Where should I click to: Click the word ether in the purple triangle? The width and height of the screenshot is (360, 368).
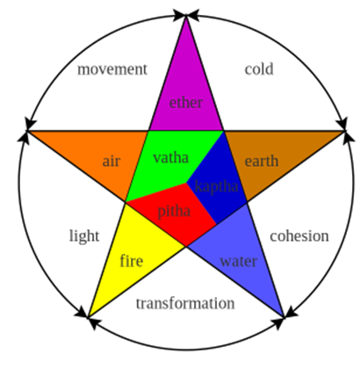click(186, 103)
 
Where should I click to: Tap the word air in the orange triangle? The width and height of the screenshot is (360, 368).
click(112, 161)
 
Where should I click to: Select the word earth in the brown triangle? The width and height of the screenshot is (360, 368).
click(262, 161)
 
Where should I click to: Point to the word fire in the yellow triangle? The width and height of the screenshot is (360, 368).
click(132, 260)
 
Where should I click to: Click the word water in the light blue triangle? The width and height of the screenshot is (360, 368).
click(239, 261)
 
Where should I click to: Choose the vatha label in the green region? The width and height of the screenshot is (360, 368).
click(170, 157)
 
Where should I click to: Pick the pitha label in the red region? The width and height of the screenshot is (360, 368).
click(174, 212)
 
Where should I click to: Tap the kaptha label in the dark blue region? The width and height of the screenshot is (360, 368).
click(217, 186)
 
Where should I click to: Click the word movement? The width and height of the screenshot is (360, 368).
click(112, 69)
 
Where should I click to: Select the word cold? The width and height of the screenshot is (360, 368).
click(259, 69)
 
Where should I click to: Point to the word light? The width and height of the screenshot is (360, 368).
click(84, 236)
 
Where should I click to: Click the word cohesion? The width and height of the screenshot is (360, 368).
click(299, 236)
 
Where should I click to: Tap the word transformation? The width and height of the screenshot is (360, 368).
click(185, 303)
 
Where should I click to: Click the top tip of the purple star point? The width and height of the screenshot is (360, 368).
click(185, 16)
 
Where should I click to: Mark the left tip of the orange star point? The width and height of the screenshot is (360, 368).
click(27, 131)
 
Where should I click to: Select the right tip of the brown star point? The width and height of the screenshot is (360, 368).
click(345, 131)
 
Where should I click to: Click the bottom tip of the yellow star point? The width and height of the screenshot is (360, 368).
click(88, 318)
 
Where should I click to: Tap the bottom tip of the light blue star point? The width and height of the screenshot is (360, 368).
click(284, 318)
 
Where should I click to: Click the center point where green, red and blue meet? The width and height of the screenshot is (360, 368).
click(186, 183)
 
